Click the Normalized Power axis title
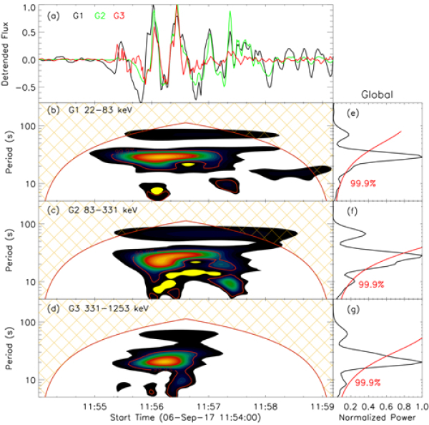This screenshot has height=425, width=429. pyautogui.click(x=380, y=416)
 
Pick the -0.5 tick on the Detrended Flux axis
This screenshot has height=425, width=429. pyautogui.click(x=28, y=87)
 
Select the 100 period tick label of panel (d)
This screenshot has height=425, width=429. pyautogui.click(x=31, y=322)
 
